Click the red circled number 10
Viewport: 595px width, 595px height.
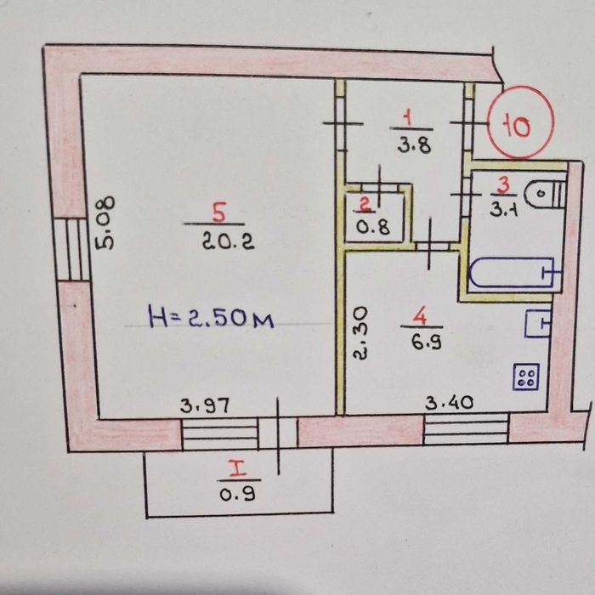point(520,126)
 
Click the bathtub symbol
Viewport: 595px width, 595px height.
point(512,274)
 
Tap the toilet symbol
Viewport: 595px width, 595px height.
point(542,195)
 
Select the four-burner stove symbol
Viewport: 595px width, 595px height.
point(525,377)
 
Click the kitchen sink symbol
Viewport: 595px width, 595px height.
point(539,324)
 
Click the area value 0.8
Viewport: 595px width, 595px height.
point(366,227)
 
